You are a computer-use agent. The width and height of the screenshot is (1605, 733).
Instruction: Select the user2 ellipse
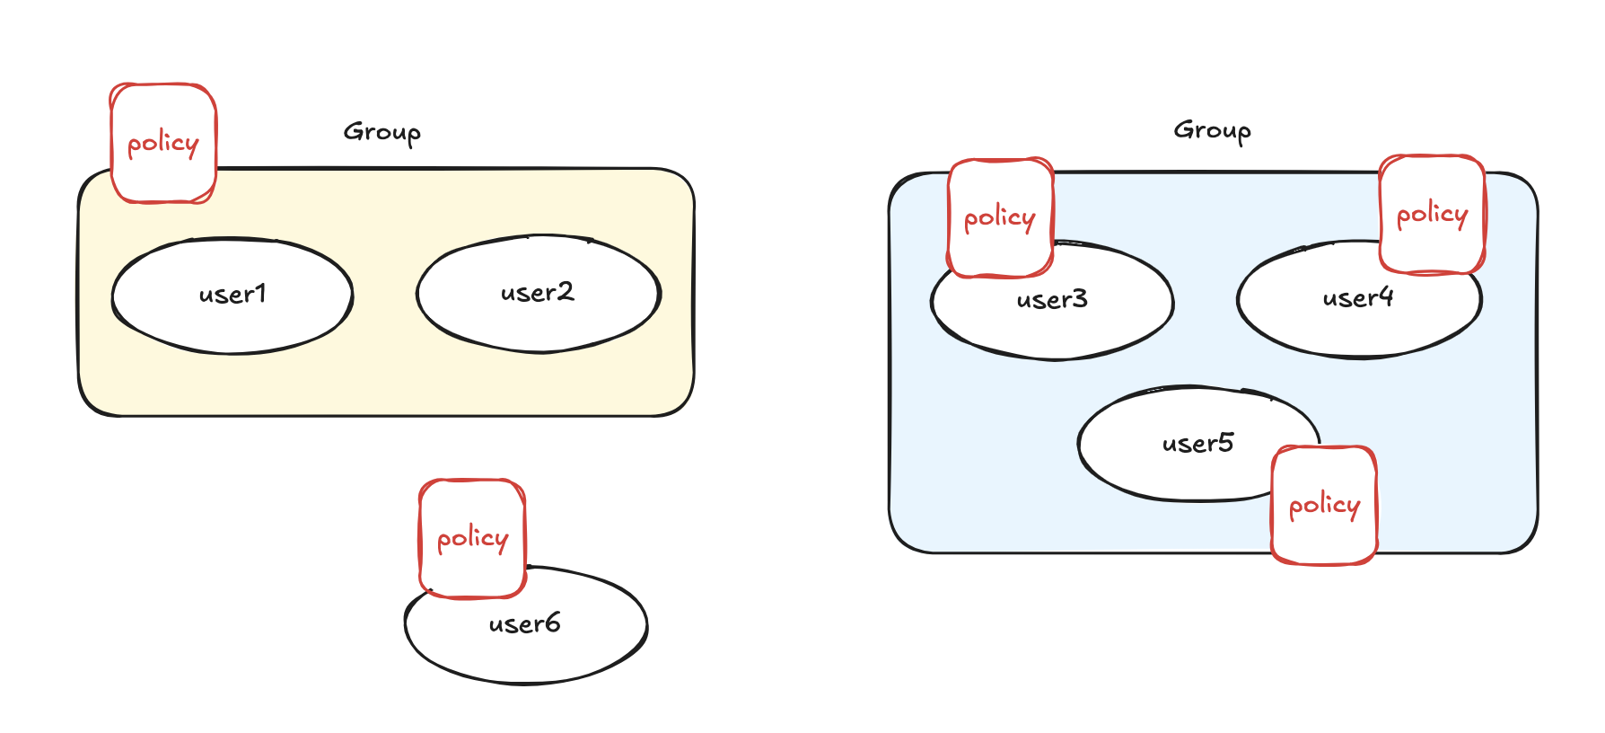539,323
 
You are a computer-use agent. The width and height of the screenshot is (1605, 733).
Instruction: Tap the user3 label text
1052,299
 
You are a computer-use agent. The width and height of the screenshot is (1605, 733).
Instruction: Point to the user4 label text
1358,297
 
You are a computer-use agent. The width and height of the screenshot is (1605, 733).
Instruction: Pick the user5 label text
1197,443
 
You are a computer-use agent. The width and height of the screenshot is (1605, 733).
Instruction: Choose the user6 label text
525,623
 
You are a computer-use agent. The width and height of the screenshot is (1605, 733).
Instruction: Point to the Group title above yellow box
382,133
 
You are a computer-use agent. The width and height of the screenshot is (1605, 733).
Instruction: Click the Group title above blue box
1212,131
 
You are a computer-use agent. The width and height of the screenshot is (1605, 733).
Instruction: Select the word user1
232,295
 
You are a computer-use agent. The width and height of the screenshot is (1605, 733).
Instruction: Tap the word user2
537,293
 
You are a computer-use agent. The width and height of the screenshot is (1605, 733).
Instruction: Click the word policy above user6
472,539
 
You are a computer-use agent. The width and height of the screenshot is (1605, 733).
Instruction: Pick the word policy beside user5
1324,507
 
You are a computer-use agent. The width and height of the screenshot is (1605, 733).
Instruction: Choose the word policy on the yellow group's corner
163,144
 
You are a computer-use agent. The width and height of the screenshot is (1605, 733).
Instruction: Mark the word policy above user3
1000,218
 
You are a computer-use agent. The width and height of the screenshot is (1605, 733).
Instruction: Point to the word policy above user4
1432,215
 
